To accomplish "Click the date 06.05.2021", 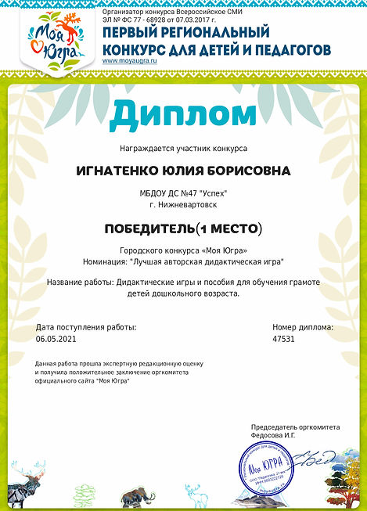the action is tap(56, 340).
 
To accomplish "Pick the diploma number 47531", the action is tap(284, 340).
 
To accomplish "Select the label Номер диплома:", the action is tap(302, 327).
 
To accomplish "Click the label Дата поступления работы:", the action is tap(86, 327).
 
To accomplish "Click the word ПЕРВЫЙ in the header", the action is tap(130, 34).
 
